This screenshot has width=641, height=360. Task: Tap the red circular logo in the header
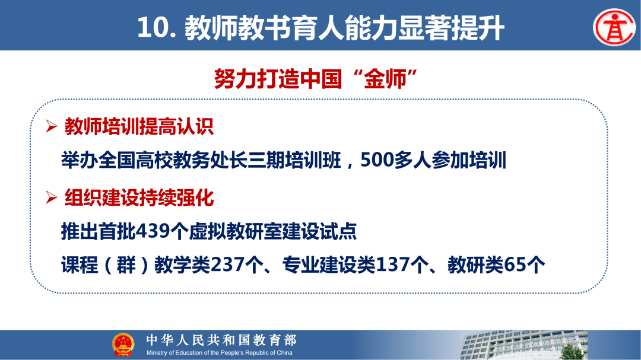613,27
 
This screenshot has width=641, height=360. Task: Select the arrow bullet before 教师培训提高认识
52,127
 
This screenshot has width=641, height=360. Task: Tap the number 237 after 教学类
229,265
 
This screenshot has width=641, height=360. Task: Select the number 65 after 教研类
514,265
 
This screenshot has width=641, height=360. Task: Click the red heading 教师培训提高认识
139,127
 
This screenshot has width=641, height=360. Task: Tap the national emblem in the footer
123,345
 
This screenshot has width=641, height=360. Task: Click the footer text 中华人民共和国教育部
221,340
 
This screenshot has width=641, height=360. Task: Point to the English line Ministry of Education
220,353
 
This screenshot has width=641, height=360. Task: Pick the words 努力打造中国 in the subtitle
278,79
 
